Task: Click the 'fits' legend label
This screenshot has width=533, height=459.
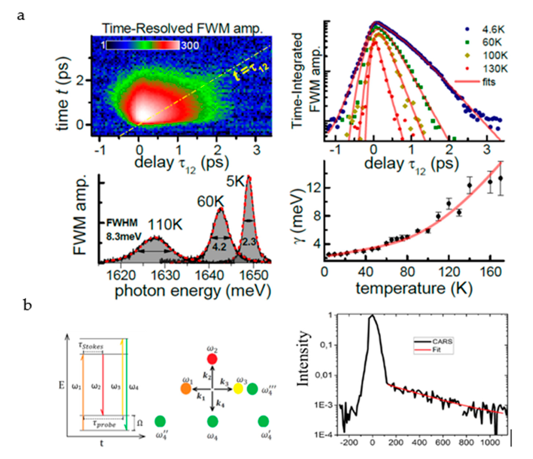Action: point(488,82)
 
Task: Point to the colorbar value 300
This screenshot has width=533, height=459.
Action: point(190,45)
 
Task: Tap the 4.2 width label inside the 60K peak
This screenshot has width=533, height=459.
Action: point(219,247)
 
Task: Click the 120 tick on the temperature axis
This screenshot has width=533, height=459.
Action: point(449,272)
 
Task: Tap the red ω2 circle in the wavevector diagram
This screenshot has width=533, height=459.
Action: point(212,359)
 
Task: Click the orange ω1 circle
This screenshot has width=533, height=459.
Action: point(186,389)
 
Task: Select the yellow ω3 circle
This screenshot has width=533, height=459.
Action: point(238,389)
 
